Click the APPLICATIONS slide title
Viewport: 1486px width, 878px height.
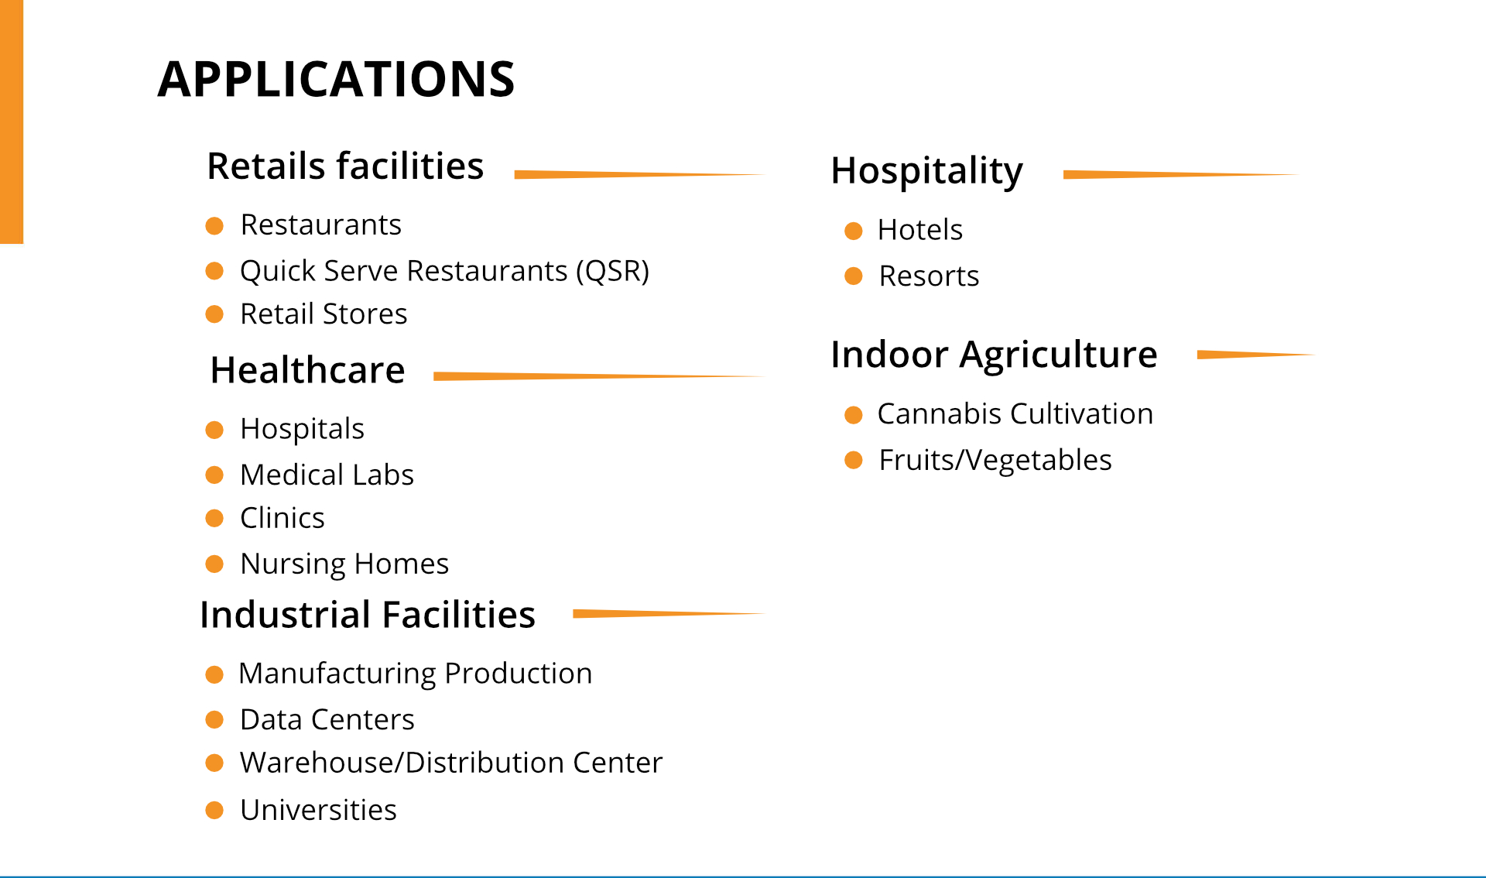tap(337, 79)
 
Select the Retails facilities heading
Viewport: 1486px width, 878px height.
tap(345, 166)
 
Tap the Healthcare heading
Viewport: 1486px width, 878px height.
tap(307, 370)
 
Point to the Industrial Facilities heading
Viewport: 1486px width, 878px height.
tap(368, 615)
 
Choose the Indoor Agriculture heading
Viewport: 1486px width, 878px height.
tap(994, 355)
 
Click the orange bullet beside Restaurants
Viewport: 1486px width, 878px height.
tap(214, 226)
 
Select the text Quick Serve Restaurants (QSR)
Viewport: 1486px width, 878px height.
tap(445, 271)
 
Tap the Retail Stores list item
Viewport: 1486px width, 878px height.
tap(324, 314)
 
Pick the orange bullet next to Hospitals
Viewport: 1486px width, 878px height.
tap(214, 430)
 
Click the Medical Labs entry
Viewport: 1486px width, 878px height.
tap(327, 475)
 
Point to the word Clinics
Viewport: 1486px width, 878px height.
tap(282, 518)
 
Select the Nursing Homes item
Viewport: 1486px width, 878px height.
tap(344, 564)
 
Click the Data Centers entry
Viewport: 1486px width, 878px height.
tap(327, 720)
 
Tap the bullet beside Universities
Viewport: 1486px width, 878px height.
tap(214, 810)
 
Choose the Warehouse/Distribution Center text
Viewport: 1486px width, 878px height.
tap(451, 763)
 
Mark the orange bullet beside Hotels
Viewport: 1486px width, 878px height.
tap(854, 231)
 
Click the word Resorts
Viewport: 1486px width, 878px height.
tap(929, 276)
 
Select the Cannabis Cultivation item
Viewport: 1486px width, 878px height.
tap(1015, 414)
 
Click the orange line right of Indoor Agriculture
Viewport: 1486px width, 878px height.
tap(1256, 355)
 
